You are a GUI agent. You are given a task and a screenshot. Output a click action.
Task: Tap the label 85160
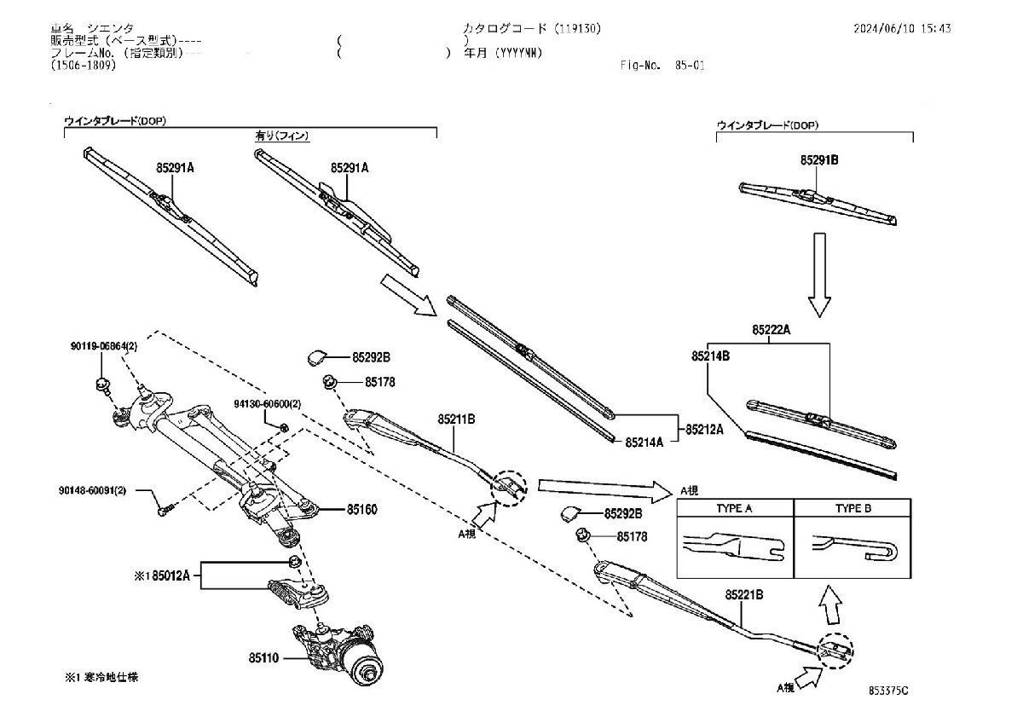pyautogui.click(x=361, y=510)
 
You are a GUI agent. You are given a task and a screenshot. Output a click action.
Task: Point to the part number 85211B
pyautogui.click(x=455, y=419)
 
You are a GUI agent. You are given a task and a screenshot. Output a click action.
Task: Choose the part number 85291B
pyautogui.click(x=820, y=159)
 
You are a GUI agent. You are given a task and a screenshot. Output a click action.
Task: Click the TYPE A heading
pyautogui.click(x=734, y=508)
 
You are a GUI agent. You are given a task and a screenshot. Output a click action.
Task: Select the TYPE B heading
pyautogui.click(x=852, y=508)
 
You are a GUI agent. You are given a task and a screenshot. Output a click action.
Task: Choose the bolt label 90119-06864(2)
pyautogui.click(x=102, y=347)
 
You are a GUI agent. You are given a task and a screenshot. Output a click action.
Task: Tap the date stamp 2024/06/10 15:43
pyautogui.click(x=902, y=28)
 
